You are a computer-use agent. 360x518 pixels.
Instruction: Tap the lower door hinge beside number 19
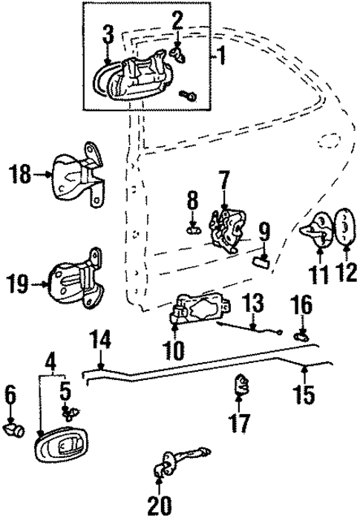(77, 281)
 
